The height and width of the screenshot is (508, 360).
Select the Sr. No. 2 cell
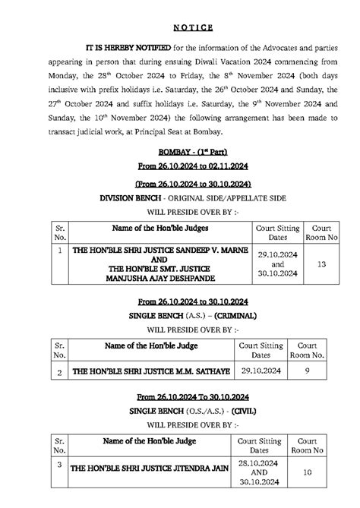[x=59, y=373]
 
